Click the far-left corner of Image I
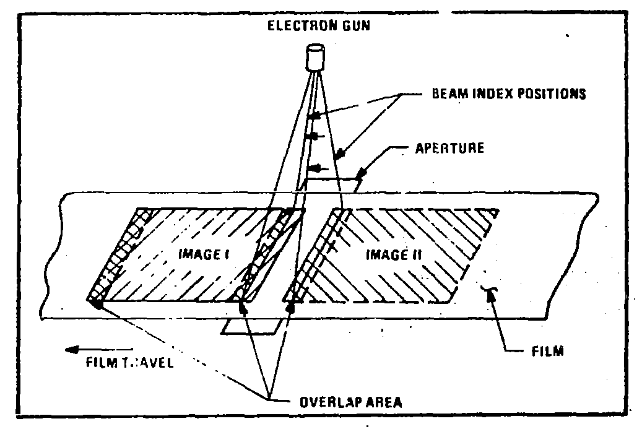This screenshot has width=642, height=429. (x=92, y=301)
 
